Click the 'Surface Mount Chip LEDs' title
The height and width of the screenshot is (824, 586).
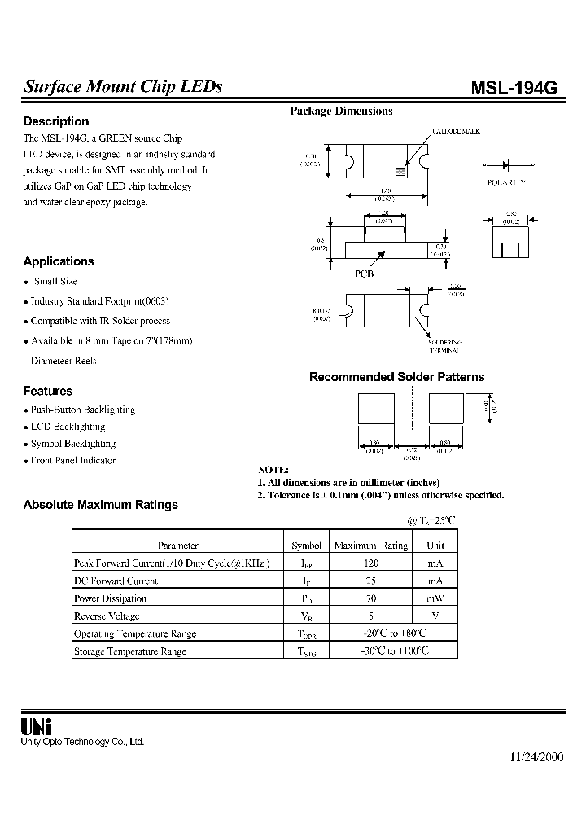click(123, 87)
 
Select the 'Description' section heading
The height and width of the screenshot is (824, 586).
click(56, 121)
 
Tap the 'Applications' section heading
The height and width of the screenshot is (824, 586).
click(59, 261)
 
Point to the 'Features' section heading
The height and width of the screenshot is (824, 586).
click(48, 391)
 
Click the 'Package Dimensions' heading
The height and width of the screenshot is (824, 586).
click(341, 112)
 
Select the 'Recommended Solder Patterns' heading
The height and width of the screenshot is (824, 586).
click(396, 377)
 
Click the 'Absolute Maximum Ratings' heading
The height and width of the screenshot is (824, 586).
click(100, 505)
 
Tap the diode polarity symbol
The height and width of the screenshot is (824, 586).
click(507, 163)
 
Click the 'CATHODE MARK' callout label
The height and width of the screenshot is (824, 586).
click(456, 130)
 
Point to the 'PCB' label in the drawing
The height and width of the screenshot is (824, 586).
click(364, 274)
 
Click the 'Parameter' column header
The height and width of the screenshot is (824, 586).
click(177, 546)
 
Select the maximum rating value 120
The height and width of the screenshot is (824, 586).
click(370, 563)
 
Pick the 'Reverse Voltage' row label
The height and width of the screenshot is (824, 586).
click(107, 616)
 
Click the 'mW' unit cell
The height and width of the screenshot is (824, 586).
click(435, 598)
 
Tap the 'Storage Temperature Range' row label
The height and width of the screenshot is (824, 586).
click(130, 651)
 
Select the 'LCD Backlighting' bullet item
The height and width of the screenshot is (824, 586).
click(68, 427)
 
